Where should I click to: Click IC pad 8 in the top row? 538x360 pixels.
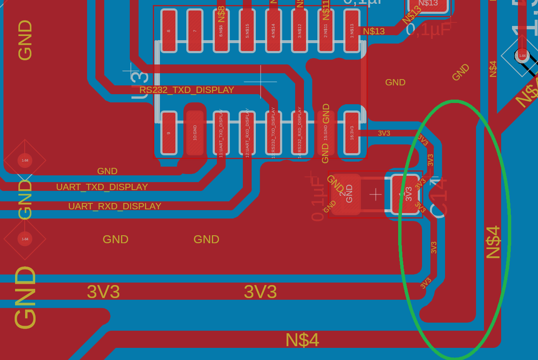[x=169, y=31]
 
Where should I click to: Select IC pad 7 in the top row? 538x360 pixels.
[x=195, y=31]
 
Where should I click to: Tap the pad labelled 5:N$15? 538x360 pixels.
[x=247, y=31]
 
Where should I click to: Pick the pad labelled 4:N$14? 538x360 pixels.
[x=273, y=31]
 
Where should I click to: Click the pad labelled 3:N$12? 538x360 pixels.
[x=299, y=31]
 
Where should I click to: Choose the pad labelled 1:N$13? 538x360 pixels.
[x=352, y=31]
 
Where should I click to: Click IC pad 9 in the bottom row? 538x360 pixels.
[x=169, y=133]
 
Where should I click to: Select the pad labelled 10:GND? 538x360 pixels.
[x=195, y=133]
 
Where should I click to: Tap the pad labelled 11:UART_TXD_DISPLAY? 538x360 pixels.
[x=221, y=133]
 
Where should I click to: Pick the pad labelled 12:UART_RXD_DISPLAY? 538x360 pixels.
[x=247, y=133]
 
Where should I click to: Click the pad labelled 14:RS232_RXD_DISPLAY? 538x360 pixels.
[x=299, y=133]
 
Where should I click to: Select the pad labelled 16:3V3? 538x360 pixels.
[x=352, y=133]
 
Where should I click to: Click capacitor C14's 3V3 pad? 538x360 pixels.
[x=405, y=194]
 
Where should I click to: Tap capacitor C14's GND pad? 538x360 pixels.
[x=346, y=194]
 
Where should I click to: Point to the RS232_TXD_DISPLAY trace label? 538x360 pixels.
[x=187, y=90]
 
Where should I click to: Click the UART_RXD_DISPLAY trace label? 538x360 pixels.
[x=115, y=206]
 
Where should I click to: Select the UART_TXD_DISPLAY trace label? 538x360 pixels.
[x=102, y=187]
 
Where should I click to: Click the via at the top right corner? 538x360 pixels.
[x=522, y=55]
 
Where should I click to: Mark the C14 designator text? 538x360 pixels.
[x=439, y=198]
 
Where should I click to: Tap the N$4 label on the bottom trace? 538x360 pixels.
[x=302, y=340]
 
